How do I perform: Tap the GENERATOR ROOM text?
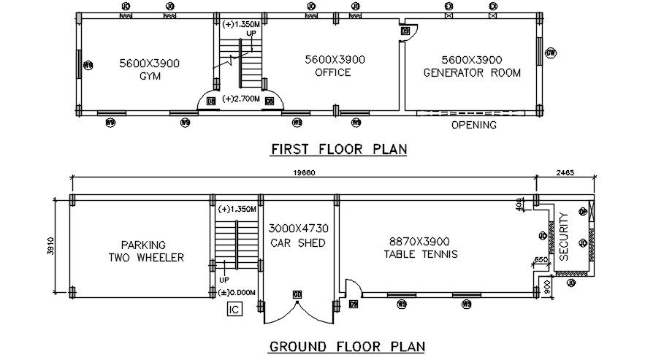pyautogui.click(x=472, y=72)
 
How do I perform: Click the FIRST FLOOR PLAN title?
pyautogui.click(x=338, y=150)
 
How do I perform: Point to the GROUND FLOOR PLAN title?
pyautogui.click(x=347, y=346)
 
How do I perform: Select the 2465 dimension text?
pyautogui.click(x=565, y=172)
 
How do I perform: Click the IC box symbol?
pyautogui.click(x=234, y=310)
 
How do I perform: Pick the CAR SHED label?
pyautogui.click(x=298, y=242)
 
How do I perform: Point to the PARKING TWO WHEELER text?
pyautogui.click(x=143, y=251)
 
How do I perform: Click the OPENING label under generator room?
pyautogui.click(x=473, y=125)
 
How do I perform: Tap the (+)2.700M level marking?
pyautogui.click(x=241, y=99)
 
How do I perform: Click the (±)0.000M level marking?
pyautogui.click(x=237, y=293)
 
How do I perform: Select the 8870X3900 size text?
pyautogui.click(x=420, y=241)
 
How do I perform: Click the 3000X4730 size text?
pyautogui.click(x=298, y=229)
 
